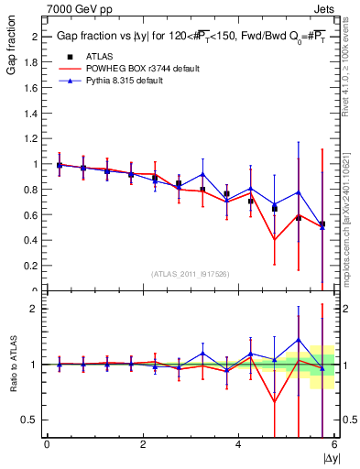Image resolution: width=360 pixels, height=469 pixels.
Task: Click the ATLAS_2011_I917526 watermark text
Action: click(x=191, y=275)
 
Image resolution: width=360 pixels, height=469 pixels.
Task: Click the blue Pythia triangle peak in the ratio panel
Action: click(x=298, y=340)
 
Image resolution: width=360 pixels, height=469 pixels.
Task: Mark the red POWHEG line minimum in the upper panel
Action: click(x=274, y=240)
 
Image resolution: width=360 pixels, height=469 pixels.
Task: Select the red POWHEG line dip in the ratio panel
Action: click(x=274, y=401)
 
